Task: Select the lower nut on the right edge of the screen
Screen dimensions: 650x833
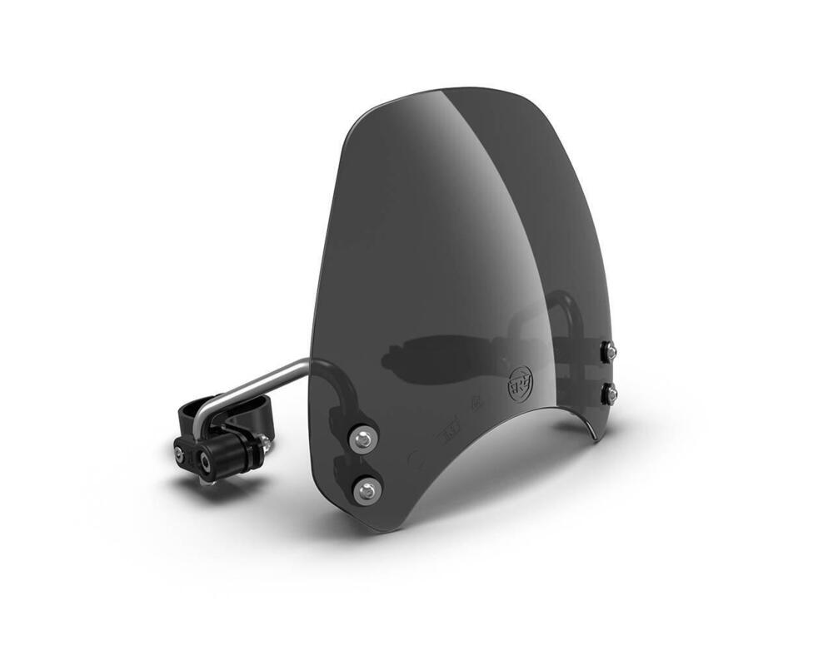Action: (610, 392)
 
